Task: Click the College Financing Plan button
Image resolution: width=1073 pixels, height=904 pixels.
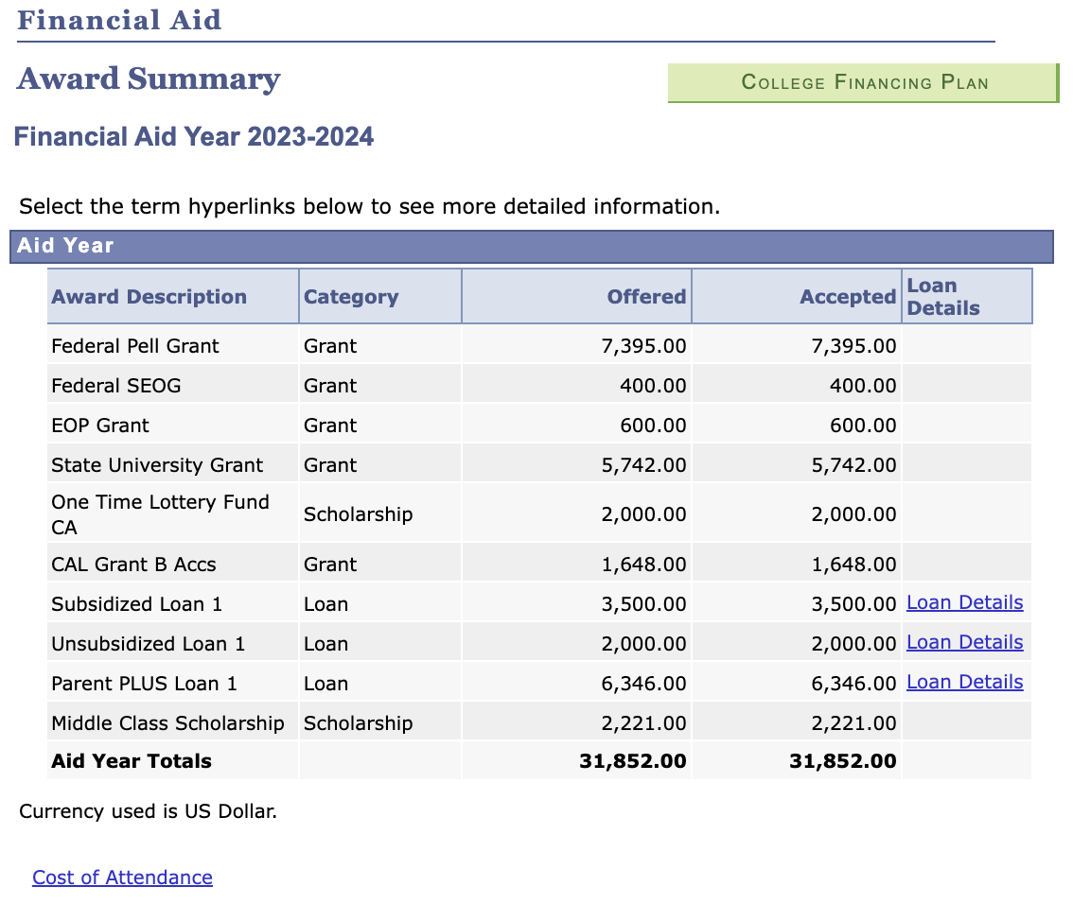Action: (864, 83)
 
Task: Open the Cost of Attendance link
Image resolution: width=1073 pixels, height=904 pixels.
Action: (122, 878)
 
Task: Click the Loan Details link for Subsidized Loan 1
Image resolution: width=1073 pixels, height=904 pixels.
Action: (965, 602)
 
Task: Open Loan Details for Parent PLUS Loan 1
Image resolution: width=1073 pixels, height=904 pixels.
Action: (965, 682)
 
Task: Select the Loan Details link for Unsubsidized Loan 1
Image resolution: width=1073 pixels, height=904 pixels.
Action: (965, 642)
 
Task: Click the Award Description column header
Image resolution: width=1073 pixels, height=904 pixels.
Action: (150, 297)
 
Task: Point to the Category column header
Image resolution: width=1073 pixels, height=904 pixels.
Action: (351, 297)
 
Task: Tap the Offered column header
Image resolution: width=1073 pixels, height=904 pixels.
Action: (646, 297)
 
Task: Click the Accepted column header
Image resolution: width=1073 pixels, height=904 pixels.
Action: (848, 297)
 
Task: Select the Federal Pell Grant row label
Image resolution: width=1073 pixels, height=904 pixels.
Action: (135, 346)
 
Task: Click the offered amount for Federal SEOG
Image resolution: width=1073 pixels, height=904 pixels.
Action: (653, 386)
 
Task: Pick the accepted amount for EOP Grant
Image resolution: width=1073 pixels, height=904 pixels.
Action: (863, 426)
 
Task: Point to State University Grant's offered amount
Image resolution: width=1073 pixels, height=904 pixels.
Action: (644, 465)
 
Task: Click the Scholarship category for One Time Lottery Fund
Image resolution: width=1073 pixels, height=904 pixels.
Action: (358, 514)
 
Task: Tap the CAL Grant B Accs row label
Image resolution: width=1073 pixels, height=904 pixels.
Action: (133, 565)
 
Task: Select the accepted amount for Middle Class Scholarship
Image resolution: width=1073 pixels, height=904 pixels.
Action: (854, 723)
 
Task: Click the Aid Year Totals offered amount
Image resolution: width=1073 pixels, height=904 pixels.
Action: (633, 761)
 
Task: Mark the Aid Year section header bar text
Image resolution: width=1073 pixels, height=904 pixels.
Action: (65, 246)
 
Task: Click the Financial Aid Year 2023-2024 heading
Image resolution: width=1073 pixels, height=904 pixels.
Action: (194, 137)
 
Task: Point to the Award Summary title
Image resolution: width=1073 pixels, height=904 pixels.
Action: (149, 78)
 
